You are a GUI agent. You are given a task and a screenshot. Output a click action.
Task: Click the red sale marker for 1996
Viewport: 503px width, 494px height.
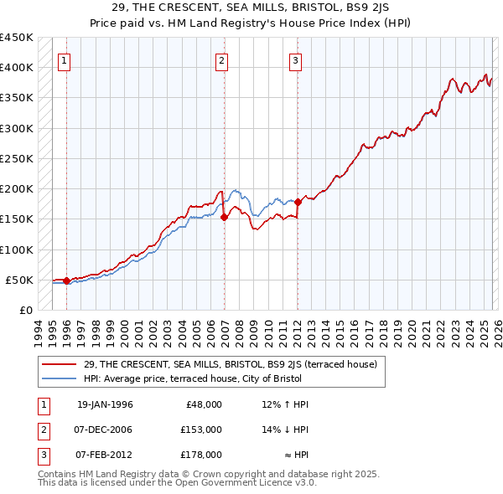tap(66, 280)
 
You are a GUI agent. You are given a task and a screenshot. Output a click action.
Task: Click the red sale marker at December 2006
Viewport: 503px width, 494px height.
tap(224, 217)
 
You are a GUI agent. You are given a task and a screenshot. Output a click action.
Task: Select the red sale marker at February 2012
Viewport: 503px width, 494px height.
tap(298, 202)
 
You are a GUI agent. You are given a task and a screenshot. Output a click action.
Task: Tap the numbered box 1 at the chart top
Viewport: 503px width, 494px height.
tap(65, 60)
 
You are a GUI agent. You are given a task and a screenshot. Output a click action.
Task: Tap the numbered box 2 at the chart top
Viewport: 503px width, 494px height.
tap(221, 60)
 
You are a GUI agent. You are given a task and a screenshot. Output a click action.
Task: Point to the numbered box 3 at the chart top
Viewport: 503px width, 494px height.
tap(296, 60)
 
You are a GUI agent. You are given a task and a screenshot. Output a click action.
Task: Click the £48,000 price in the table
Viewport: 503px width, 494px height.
tap(202, 404)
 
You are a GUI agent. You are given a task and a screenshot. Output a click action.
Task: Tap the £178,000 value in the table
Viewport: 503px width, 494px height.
tap(202, 455)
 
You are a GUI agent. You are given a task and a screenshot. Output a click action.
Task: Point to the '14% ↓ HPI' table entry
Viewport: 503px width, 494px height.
tap(285, 430)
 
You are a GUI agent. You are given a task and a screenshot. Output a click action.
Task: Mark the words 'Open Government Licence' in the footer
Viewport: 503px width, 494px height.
tap(233, 483)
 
